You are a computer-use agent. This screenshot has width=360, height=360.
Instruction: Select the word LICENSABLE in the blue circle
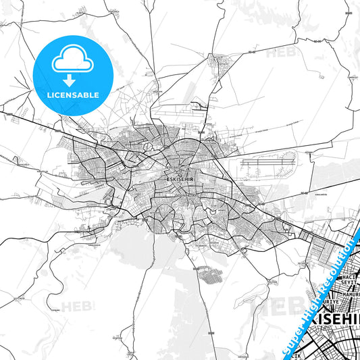coord(72,95)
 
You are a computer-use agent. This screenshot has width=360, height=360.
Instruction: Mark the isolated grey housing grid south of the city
coord(213,276)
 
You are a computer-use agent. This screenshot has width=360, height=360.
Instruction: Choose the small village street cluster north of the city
coord(220,62)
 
